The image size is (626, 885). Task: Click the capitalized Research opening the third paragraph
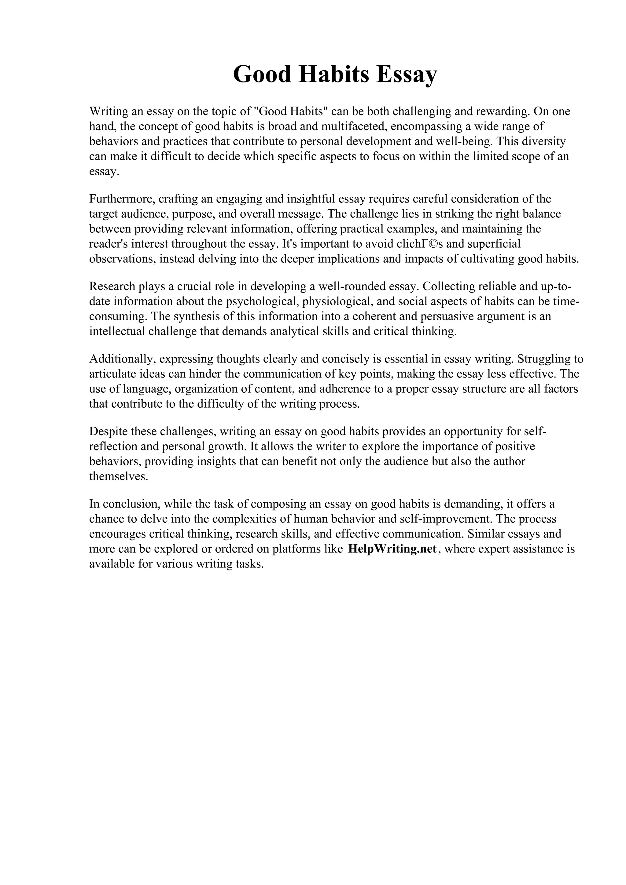pyautogui.click(x=112, y=286)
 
